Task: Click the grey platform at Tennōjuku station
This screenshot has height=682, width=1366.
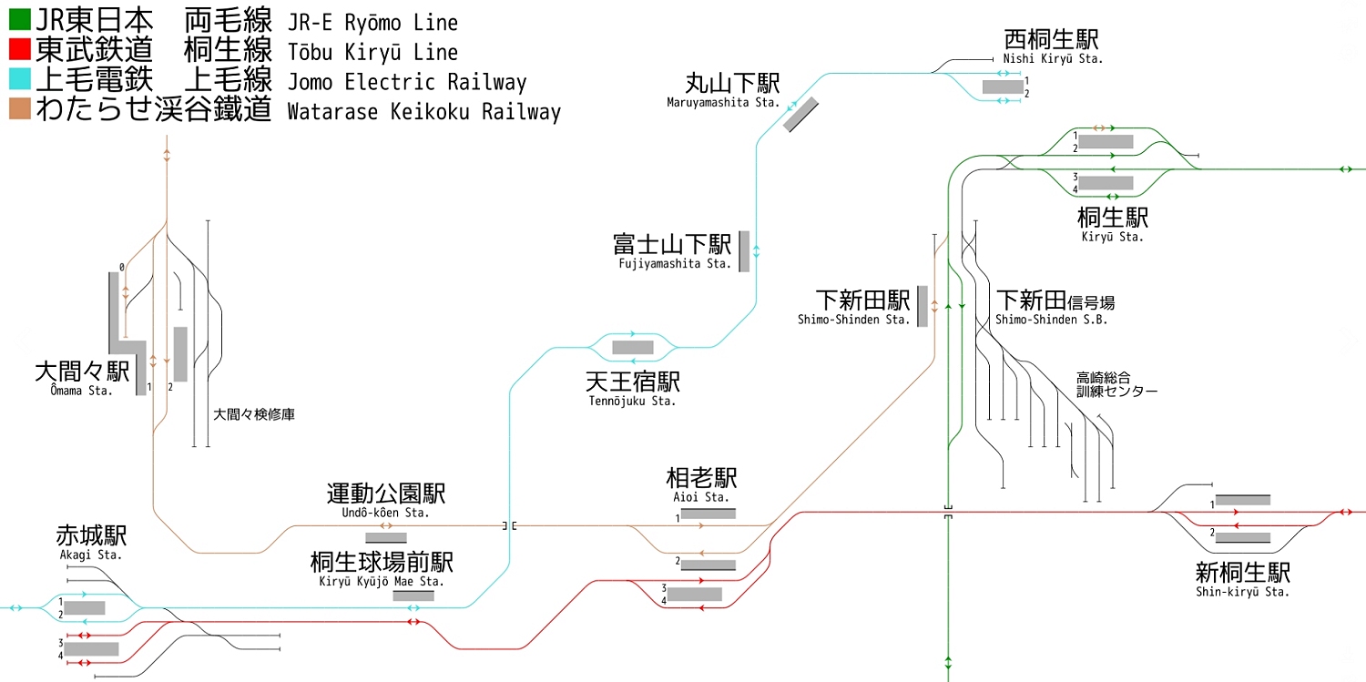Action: (x=632, y=347)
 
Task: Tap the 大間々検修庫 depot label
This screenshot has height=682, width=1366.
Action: (x=254, y=414)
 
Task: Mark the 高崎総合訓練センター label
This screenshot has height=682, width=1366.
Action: (x=1116, y=384)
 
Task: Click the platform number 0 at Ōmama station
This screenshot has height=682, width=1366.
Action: (x=120, y=268)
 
